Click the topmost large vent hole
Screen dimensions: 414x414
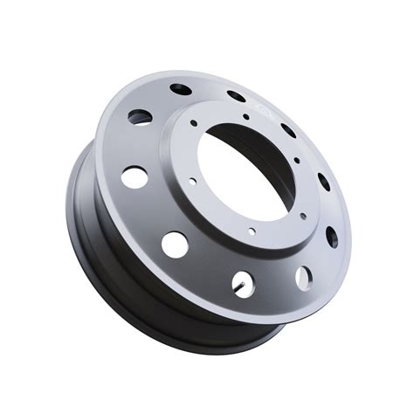[181, 89]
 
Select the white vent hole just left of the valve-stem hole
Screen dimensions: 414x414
[175, 245]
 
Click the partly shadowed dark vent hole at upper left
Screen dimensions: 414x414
[139, 116]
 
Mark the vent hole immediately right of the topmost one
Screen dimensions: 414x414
[236, 97]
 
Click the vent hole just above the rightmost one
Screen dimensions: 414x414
[323, 182]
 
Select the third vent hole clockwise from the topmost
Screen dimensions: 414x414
[288, 131]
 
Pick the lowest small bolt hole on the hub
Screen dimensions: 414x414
[252, 231]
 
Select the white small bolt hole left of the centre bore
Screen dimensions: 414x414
[193, 182]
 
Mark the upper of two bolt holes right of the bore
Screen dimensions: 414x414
[296, 161]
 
